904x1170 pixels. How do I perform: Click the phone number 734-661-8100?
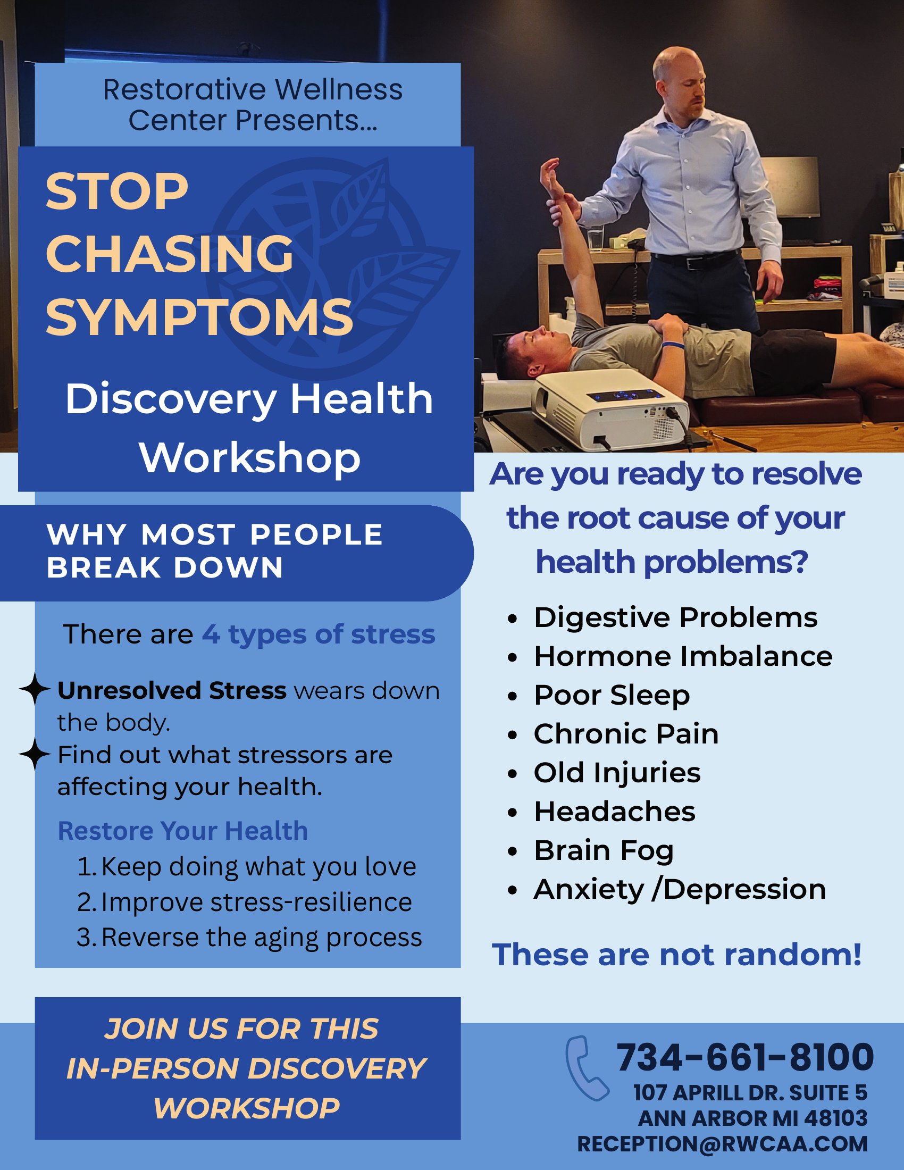point(745,1057)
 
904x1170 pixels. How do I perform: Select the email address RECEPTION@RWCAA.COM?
point(723,1144)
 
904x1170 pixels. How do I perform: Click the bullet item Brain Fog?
point(604,851)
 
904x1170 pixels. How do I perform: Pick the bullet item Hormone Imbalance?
point(683,656)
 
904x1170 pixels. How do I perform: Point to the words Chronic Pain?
point(626,734)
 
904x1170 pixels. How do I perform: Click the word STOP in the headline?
point(117,192)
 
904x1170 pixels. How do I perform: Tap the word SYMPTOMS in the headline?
point(199,317)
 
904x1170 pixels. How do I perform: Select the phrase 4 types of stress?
point(319,635)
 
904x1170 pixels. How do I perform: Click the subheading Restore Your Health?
point(182,831)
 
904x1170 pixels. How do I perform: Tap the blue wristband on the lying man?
point(673,345)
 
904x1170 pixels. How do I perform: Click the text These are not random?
point(677,955)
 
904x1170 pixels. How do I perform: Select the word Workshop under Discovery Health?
point(249,458)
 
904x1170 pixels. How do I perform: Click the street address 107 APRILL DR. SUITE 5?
point(750,1093)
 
